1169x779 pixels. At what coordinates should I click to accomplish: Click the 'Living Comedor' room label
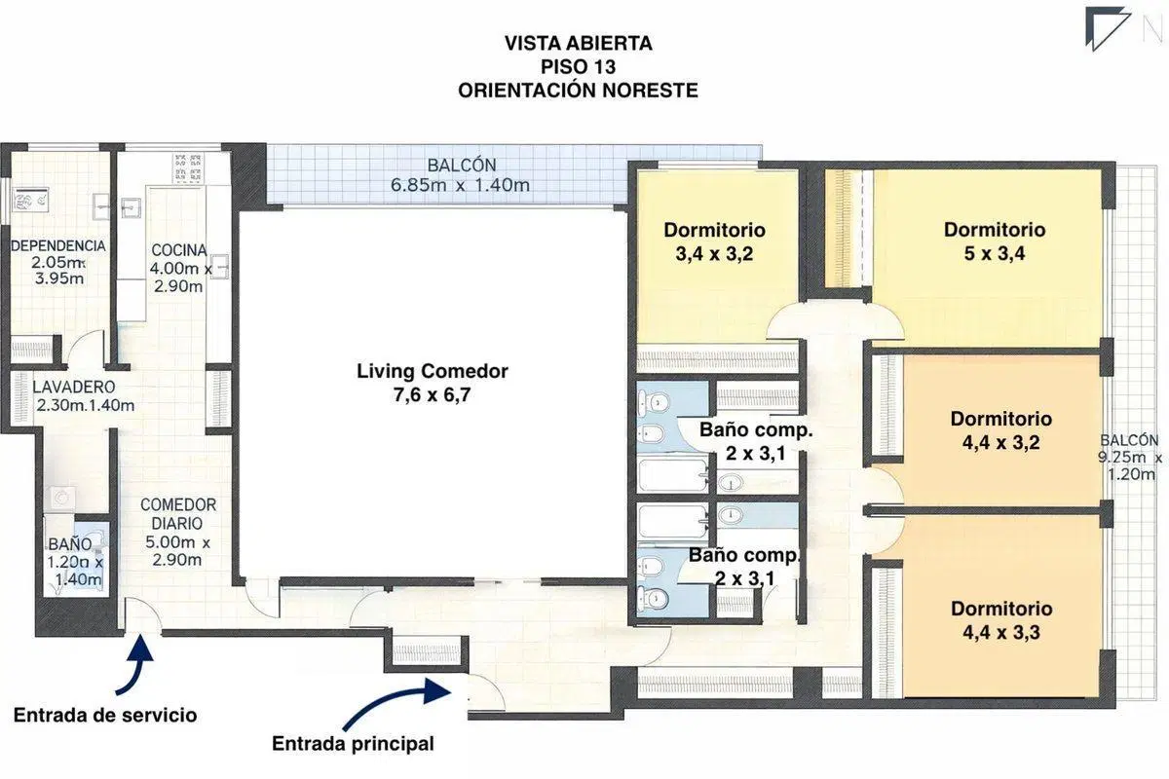click(x=433, y=371)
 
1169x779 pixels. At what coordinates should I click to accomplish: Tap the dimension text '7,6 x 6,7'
click(x=433, y=395)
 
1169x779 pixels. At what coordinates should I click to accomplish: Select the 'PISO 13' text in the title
click(x=579, y=67)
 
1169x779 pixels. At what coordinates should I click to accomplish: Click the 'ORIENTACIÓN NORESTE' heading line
click(x=579, y=91)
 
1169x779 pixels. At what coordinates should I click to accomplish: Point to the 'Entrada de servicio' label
click(x=105, y=715)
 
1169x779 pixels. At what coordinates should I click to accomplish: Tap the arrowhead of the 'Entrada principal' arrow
click(x=437, y=690)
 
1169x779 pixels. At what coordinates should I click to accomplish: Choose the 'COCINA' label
click(x=179, y=250)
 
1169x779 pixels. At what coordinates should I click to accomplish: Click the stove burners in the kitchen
click(x=188, y=168)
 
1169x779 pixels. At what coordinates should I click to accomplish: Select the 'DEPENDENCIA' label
click(x=57, y=245)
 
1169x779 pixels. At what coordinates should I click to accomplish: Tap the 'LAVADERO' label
click(x=74, y=388)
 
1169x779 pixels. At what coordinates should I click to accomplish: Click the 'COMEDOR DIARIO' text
click(x=178, y=514)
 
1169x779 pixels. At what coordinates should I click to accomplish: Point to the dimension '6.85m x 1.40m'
click(x=460, y=185)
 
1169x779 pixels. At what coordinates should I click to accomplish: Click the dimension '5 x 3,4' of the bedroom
click(x=995, y=253)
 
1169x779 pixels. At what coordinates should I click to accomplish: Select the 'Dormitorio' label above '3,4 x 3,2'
click(x=714, y=230)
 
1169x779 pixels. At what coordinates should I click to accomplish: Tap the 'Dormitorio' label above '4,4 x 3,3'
click(x=1001, y=609)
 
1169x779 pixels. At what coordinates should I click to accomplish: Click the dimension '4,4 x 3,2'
click(x=1001, y=442)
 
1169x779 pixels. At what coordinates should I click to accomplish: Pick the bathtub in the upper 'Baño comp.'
click(x=673, y=474)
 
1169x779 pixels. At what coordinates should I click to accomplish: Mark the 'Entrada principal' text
click(x=353, y=744)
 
